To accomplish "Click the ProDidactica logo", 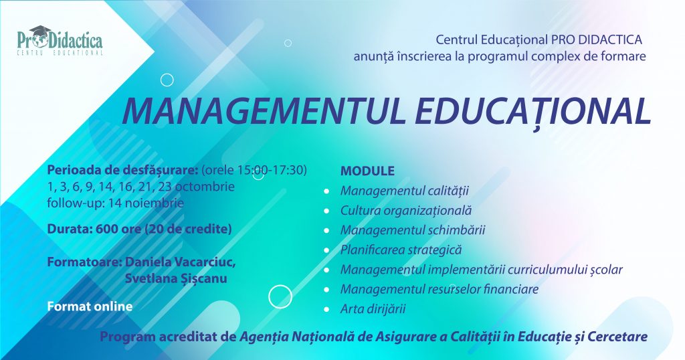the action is pyautogui.click(x=60, y=41).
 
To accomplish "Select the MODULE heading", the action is pyautogui.click(x=367, y=171).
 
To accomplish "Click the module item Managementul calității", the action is pyautogui.click(x=405, y=191).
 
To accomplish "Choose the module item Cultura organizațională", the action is pyautogui.click(x=406, y=211).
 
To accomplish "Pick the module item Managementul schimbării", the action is pyautogui.click(x=413, y=230).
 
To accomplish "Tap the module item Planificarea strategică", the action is pyautogui.click(x=401, y=250).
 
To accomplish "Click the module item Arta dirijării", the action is pyautogui.click(x=373, y=309).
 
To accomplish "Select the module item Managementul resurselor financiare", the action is pyautogui.click(x=439, y=289).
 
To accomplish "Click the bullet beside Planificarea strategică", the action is pyautogui.click(x=326, y=250).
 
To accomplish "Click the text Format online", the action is pyautogui.click(x=90, y=306).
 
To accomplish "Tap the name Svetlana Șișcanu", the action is pyautogui.click(x=176, y=279).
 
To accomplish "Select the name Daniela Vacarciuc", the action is pyautogui.click(x=181, y=262).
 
